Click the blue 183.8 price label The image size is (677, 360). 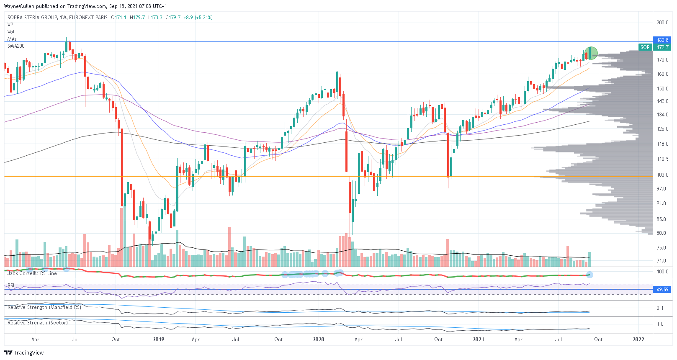(x=662, y=40)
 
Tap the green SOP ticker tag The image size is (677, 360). (x=645, y=47)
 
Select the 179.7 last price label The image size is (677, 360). (x=662, y=47)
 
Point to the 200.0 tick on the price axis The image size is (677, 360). (x=662, y=23)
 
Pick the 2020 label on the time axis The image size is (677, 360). (x=318, y=339)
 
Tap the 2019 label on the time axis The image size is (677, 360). (x=158, y=339)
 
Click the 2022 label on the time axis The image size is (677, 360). (x=638, y=339)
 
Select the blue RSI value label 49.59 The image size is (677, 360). (x=662, y=290)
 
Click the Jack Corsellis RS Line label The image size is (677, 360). (x=32, y=273)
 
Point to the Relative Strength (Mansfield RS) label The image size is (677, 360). (x=44, y=307)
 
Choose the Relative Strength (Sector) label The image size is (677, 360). (x=38, y=323)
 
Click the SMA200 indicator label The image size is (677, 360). (x=16, y=46)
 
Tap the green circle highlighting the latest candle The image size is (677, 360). (x=590, y=53)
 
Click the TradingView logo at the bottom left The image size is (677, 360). (x=24, y=353)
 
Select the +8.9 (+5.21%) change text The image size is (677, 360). (x=198, y=18)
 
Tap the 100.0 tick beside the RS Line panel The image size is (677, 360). (x=662, y=272)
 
